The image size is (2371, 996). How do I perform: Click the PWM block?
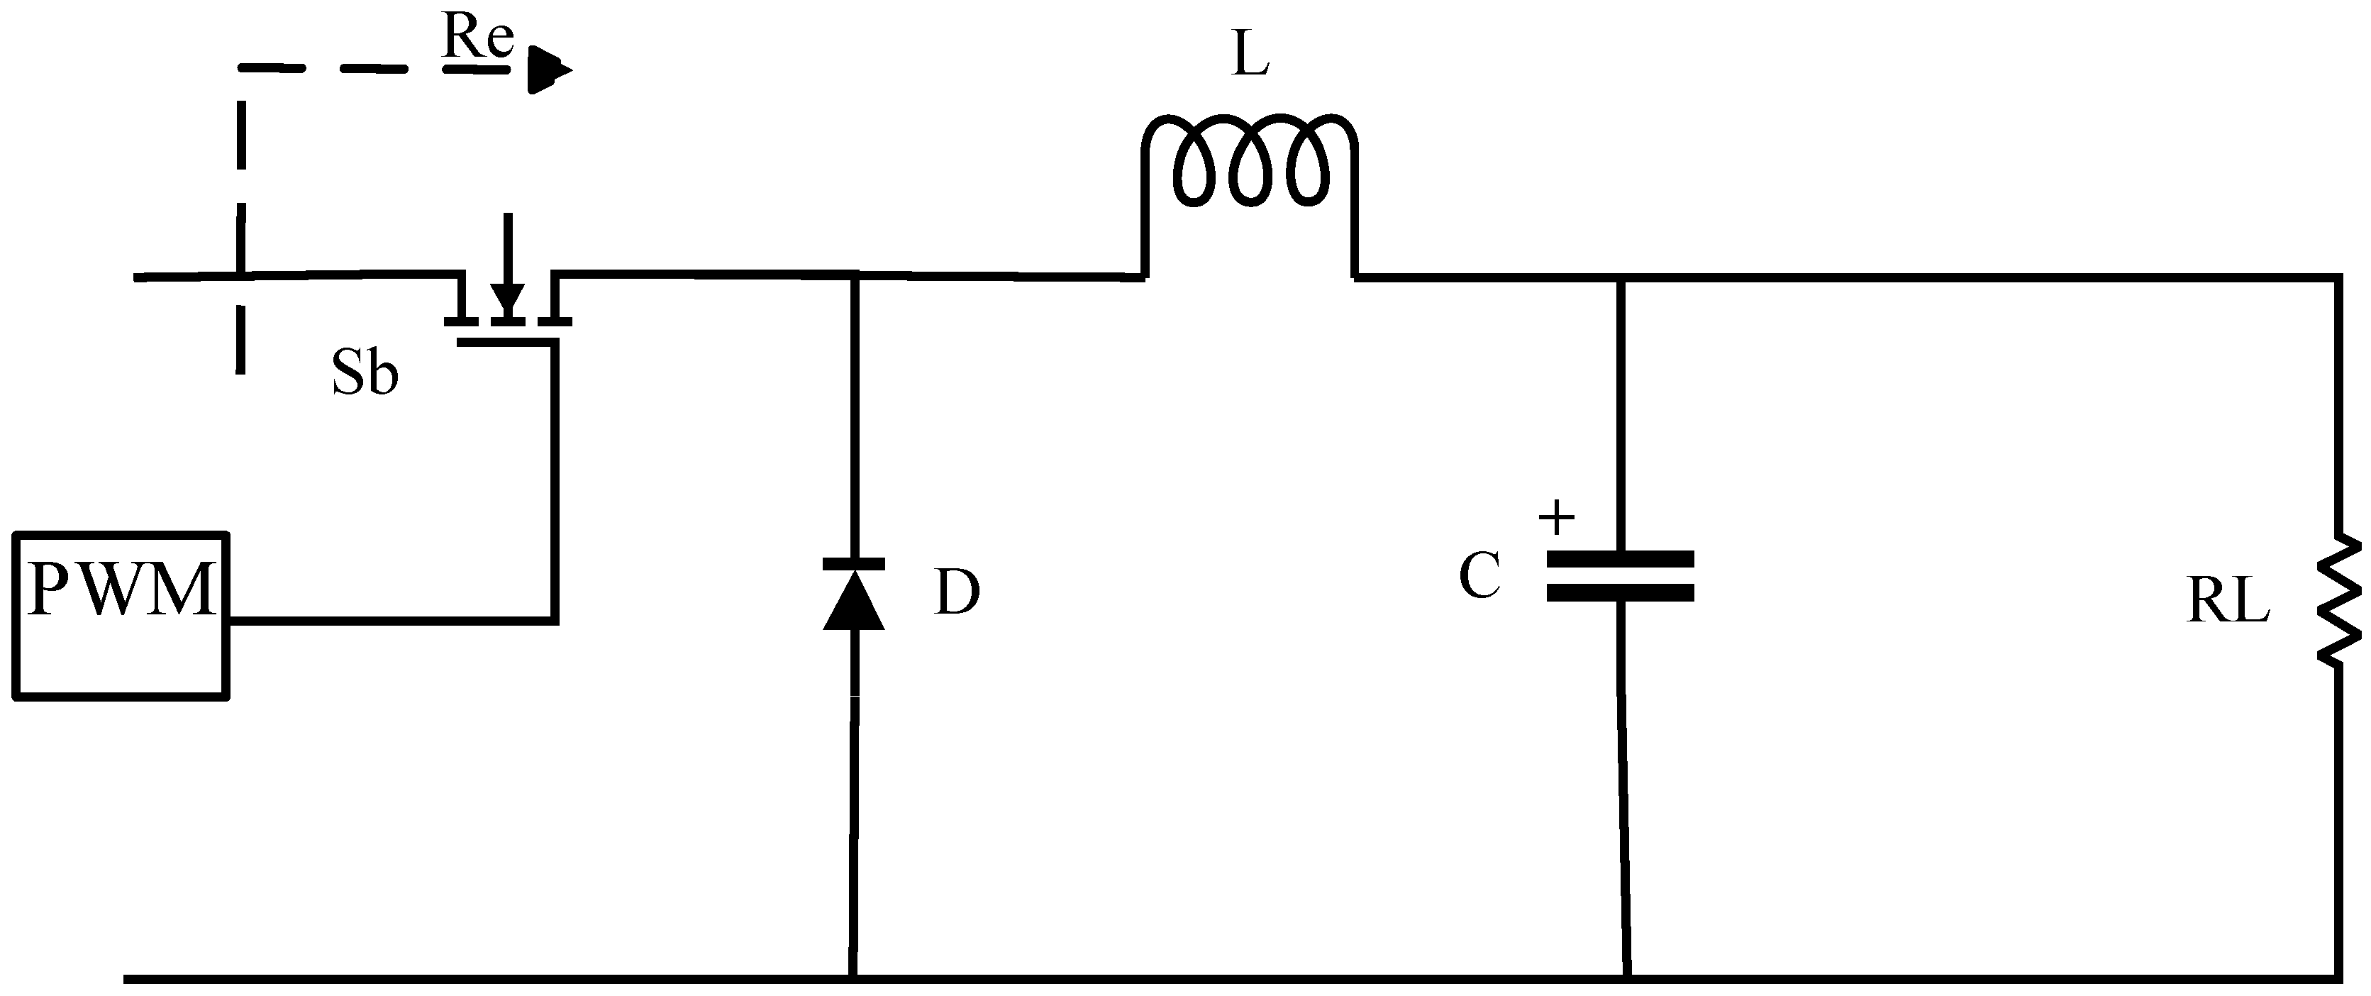click(x=121, y=615)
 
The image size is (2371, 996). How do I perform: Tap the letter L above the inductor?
click(x=1249, y=57)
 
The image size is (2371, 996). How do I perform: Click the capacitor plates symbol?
click(x=1620, y=576)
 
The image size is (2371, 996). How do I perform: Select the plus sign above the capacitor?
click(x=1556, y=519)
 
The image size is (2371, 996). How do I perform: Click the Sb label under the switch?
click(x=365, y=375)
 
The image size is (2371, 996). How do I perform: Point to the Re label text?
click(x=477, y=38)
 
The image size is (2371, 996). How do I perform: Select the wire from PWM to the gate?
click(x=392, y=621)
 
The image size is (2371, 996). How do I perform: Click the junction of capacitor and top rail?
click(x=1621, y=275)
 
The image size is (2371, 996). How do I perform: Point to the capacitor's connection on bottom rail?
click(x=1627, y=978)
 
